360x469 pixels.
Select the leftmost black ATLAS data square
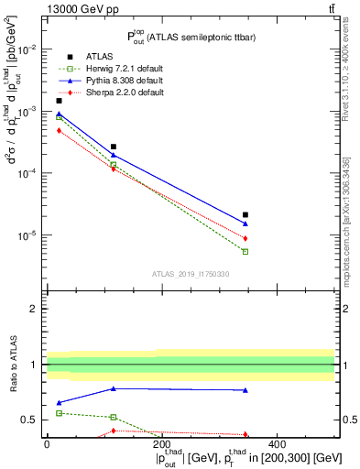pyautogui.click(x=60, y=101)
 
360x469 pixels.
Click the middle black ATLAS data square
pyautogui.click(x=114, y=147)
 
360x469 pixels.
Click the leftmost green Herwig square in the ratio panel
pyautogui.click(x=60, y=413)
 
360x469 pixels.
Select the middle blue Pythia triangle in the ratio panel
pyautogui.click(x=114, y=388)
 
